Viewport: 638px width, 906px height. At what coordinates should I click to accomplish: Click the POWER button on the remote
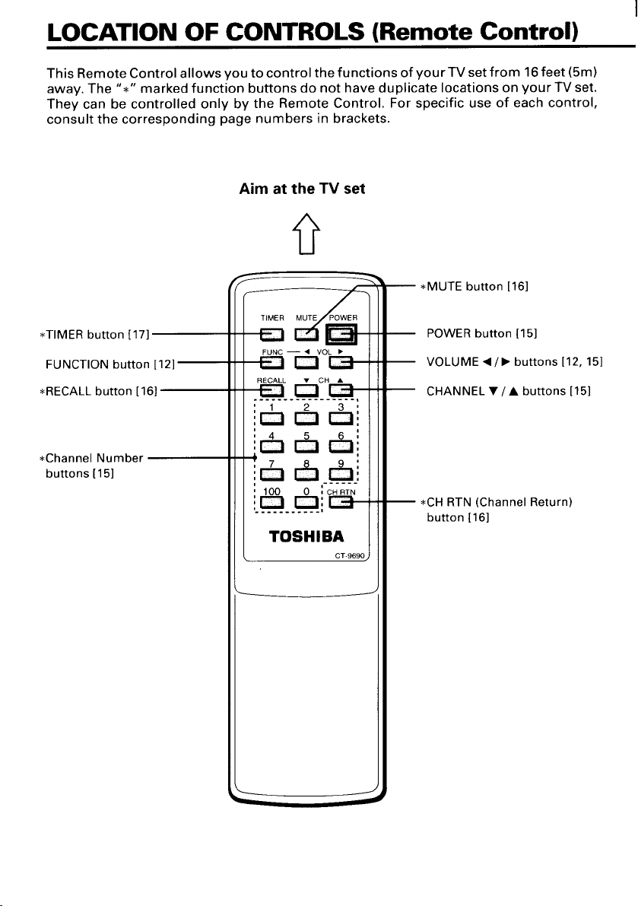341,334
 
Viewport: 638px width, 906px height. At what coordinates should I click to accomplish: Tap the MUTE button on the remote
306,334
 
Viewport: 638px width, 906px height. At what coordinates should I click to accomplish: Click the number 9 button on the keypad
341,475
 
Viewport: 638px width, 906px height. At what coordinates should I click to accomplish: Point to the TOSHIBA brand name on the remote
306,537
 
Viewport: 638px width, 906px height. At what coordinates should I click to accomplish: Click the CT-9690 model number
350,556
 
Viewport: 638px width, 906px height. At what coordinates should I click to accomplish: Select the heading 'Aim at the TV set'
302,189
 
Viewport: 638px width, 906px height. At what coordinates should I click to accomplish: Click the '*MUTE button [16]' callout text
474,287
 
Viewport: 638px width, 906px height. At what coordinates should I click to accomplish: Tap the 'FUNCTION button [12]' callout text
110,364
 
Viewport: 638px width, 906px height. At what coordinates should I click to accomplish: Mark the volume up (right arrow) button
341,362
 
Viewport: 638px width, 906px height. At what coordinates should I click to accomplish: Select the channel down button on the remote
306,390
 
